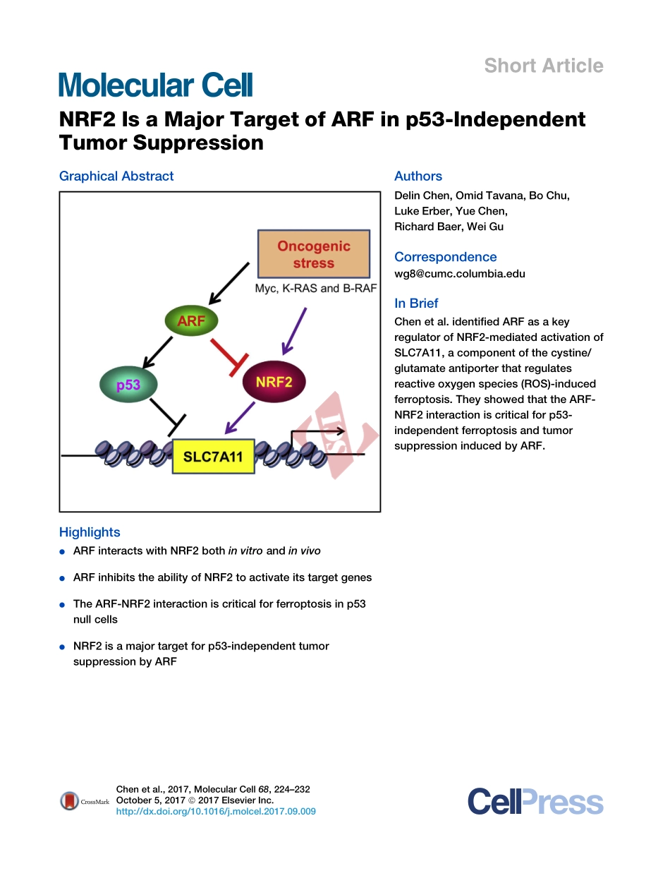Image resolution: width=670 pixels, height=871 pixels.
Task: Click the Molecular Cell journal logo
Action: click(155, 85)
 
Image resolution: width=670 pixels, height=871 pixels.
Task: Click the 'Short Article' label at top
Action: click(543, 66)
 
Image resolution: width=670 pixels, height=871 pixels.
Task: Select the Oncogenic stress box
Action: click(314, 254)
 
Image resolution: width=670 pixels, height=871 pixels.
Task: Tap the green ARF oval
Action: click(191, 321)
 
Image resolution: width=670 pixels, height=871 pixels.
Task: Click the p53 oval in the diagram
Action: click(128, 385)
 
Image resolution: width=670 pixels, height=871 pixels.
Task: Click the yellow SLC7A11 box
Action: click(213, 456)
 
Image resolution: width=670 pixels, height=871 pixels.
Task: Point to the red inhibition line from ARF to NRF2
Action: click(227, 353)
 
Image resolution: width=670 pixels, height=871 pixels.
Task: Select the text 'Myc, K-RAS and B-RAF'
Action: click(315, 289)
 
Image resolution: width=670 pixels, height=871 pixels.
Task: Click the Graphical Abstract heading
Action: click(116, 176)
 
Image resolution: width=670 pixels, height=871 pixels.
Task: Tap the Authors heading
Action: click(418, 176)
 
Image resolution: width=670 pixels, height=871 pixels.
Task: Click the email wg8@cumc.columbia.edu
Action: click(459, 274)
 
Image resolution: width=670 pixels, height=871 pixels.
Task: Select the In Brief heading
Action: click(416, 303)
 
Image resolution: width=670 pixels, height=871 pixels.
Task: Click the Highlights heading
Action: click(90, 532)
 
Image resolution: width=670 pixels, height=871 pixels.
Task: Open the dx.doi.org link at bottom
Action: click(215, 812)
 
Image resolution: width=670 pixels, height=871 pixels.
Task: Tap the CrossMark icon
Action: click(70, 800)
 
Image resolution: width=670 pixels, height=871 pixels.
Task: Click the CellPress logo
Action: click(535, 802)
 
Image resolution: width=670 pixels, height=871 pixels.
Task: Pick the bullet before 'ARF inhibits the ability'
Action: click(63, 578)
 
